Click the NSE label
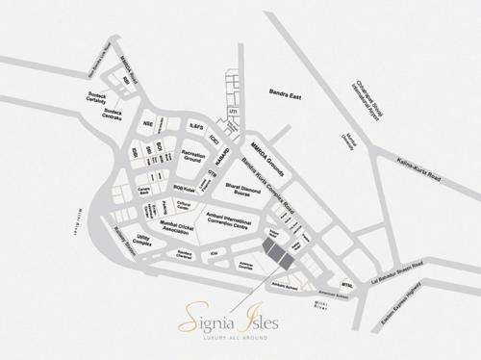tap(148, 124)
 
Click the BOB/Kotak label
tap(183, 188)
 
